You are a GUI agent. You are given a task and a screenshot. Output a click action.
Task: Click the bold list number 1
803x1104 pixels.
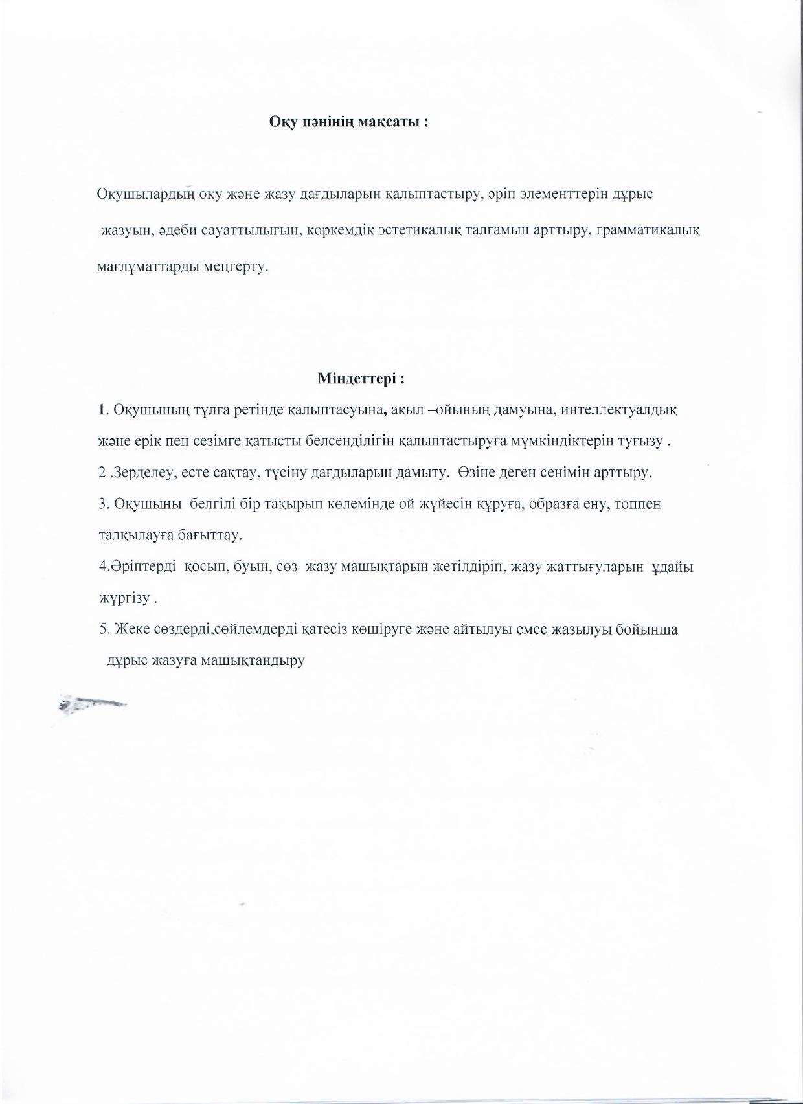[101, 410]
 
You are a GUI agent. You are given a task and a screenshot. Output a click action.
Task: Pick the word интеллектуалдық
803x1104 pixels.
[619, 410]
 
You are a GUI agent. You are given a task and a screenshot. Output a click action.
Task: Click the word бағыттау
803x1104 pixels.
[210, 535]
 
